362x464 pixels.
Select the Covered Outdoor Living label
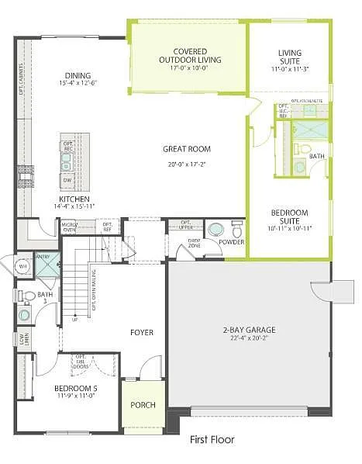tap(190, 55)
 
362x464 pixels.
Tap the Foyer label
tap(141, 332)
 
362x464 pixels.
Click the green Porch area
tap(143, 404)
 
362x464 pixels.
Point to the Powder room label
tap(231, 242)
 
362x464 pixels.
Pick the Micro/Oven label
tap(69, 226)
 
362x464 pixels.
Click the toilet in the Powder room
tap(237, 230)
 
